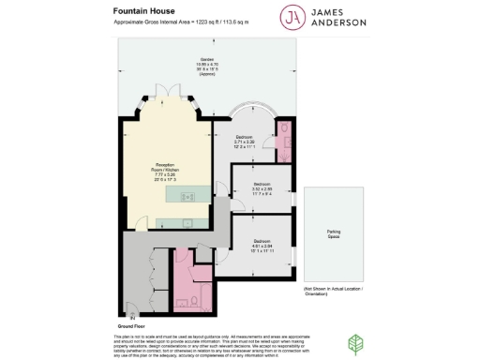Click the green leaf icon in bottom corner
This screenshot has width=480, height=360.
[x=355, y=343]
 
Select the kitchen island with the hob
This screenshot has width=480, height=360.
[x=187, y=196]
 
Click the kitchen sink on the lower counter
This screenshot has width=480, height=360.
[x=186, y=222]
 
